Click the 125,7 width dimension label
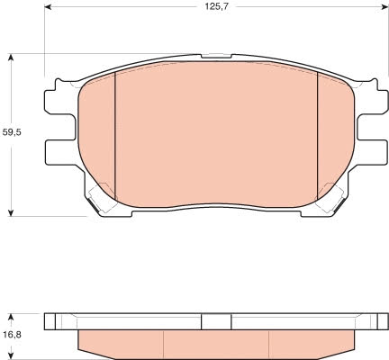(217, 6)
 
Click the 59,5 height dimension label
(12, 132)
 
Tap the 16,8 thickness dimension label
(12, 335)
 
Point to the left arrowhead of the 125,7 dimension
(48, 6)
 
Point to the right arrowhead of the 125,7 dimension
(385, 6)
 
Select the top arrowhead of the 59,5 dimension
(11, 58)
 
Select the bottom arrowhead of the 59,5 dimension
(11, 212)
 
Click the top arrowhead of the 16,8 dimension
(11, 318)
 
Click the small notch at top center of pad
(216, 56)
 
